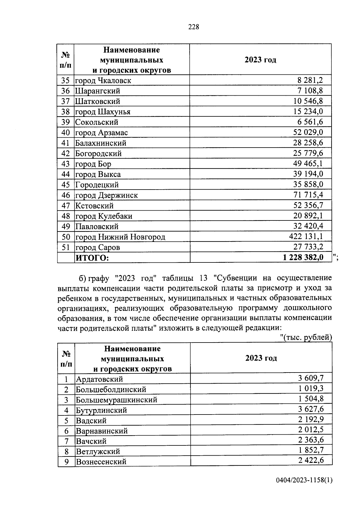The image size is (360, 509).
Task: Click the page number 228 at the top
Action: click(193, 27)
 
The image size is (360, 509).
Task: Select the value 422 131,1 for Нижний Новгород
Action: click(306, 236)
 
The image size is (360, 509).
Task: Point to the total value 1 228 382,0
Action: click(303, 257)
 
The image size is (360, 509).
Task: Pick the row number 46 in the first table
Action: click(65, 195)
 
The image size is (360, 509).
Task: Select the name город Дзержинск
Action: click(106, 195)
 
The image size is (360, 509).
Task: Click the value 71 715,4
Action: click(308, 195)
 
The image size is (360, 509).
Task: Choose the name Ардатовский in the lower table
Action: click(99, 379)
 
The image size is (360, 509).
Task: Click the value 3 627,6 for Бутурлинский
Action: click(311, 409)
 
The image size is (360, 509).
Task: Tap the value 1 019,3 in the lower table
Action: click(311, 389)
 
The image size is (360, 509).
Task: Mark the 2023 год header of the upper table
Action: click(260, 60)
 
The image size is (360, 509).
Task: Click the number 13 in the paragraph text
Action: click(203, 278)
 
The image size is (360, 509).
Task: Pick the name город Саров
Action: click(97, 247)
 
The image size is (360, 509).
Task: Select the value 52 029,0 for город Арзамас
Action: click(308, 132)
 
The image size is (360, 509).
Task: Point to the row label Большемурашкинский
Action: click(116, 400)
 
